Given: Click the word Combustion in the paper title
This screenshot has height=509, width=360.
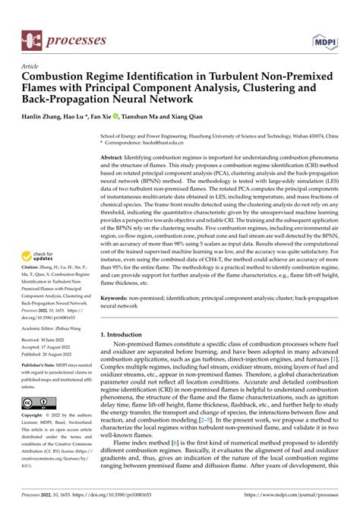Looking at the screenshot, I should click(x=60, y=78).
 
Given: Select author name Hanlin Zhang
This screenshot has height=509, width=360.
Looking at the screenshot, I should click(x=51, y=117).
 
